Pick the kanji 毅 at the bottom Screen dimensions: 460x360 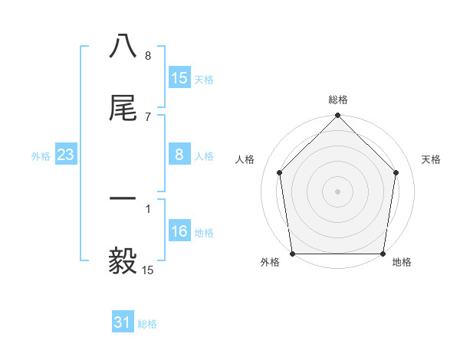pos(123,261)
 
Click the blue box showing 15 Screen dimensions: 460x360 pos(179,77)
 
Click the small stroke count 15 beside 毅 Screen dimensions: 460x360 pos(147,270)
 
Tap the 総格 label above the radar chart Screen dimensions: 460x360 pos(338,100)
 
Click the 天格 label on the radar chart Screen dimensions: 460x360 pos(431,159)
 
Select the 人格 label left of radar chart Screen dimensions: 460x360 pos(245,159)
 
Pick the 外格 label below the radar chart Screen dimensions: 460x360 pos(270,263)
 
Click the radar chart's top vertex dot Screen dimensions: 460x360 pos(338,116)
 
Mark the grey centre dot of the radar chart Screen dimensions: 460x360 pos(338,191)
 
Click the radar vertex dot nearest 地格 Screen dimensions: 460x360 pos(383,254)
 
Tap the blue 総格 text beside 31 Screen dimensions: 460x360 pos(147,324)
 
